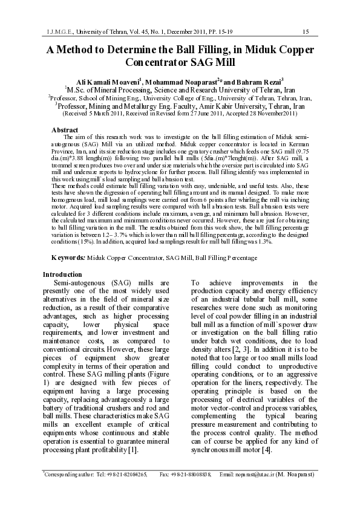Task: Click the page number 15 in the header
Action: point(306,31)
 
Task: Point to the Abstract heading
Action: point(65,130)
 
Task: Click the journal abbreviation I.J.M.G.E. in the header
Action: point(62,31)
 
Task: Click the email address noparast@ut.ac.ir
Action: point(254,475)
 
